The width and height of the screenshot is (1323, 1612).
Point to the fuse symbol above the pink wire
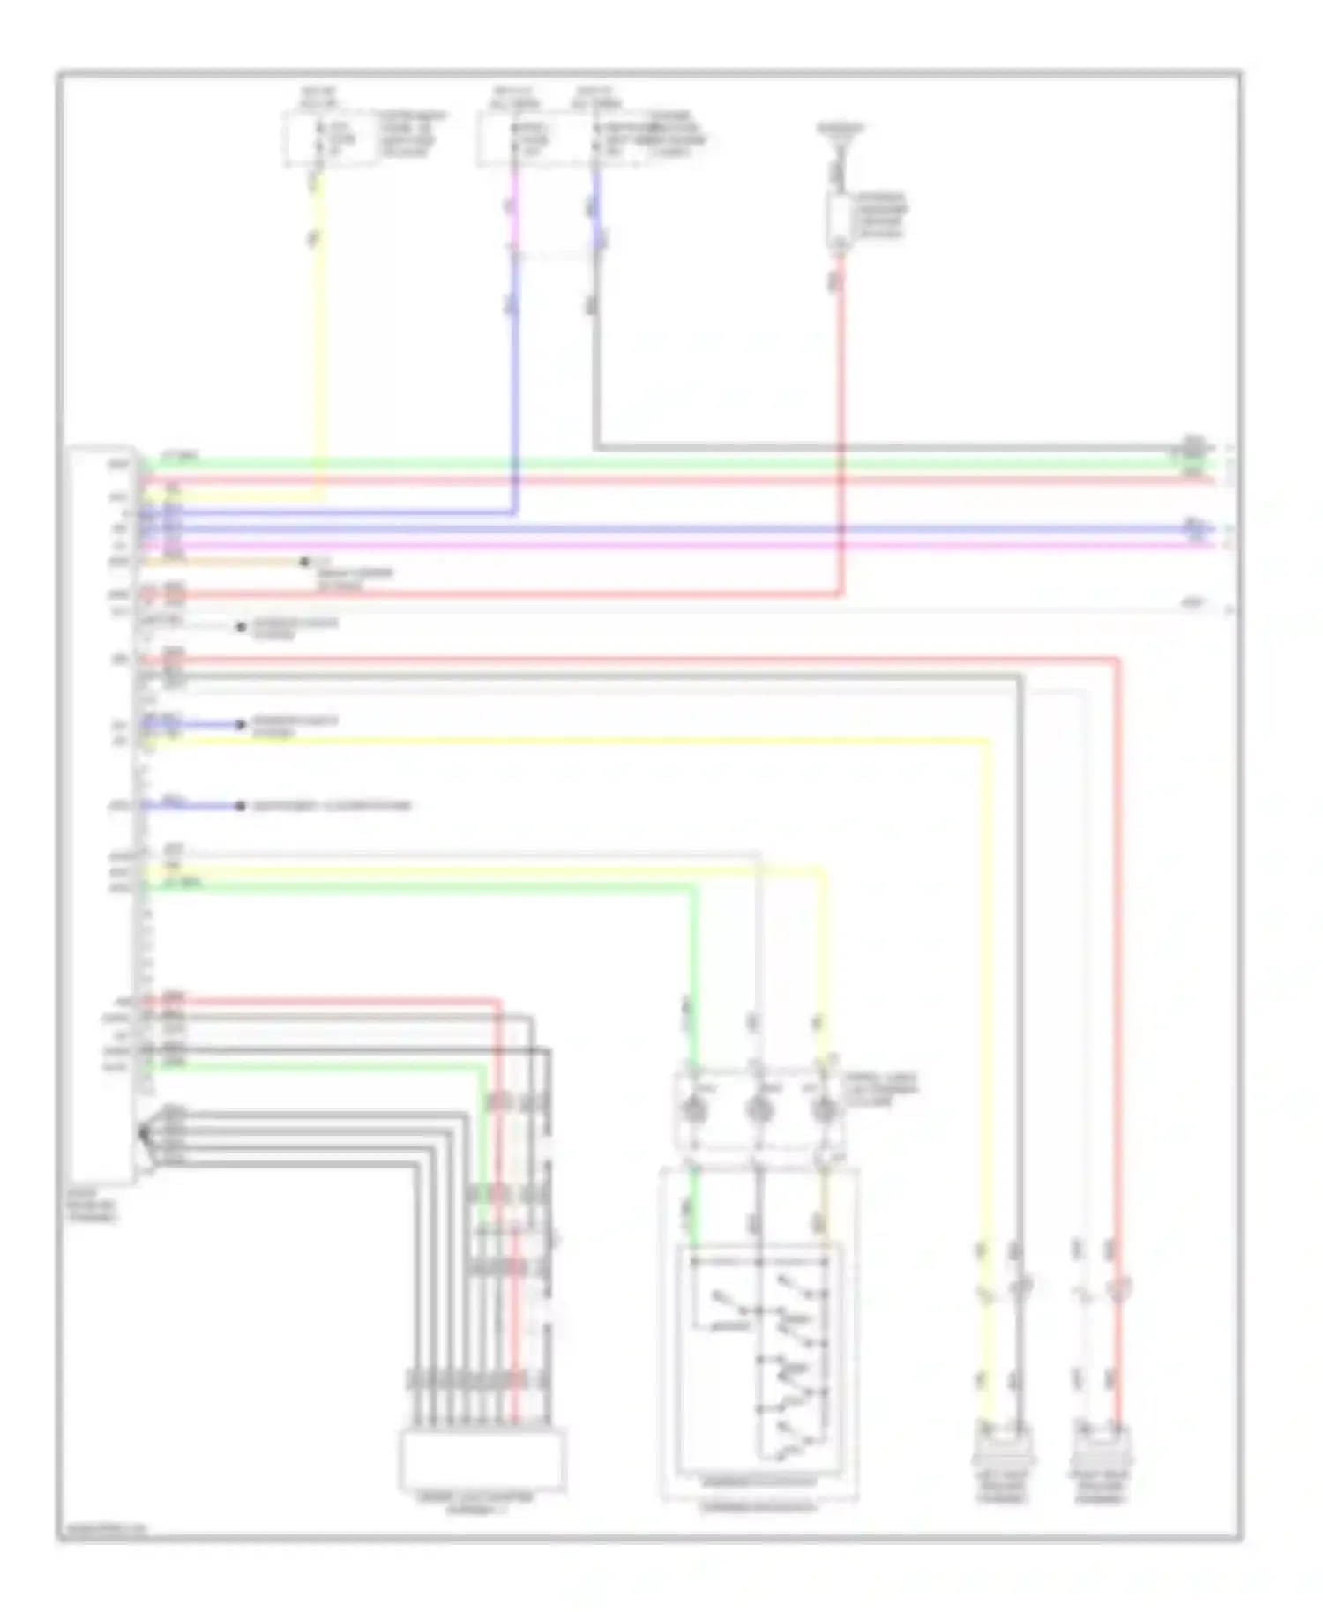(x=516, y=138)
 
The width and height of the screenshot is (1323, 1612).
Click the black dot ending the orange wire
(x=304, y=562)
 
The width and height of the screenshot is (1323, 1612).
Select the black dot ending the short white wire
(x=240, y=627)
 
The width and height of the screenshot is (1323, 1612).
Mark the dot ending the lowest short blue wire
(x=240, y=805)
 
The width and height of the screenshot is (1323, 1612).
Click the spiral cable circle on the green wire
(x=698, y=1109)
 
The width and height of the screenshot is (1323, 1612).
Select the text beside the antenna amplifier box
(x=880, y=216)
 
